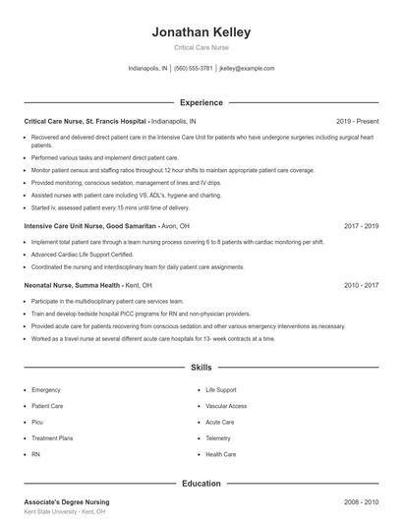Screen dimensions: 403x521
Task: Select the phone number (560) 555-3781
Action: (193, 69)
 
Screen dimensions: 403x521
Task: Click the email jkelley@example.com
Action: (247, 69)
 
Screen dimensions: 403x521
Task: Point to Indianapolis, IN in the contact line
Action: (148, 69)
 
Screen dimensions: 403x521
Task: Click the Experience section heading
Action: (201, 102)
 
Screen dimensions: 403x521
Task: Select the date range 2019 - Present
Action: (357, 121)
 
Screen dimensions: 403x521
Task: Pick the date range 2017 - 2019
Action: (361, 225)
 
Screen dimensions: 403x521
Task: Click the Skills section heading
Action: (201, 368)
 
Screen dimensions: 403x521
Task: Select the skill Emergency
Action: (46, 390)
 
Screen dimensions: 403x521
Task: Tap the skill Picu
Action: (39, 423)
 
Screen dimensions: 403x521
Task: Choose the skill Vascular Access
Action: (227, 406)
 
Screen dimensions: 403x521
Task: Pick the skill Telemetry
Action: (219, 438)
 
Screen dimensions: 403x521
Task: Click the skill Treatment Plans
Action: (51, 438)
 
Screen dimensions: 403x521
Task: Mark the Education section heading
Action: (201, 484)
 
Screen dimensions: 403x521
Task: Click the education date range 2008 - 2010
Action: (361, 502)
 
